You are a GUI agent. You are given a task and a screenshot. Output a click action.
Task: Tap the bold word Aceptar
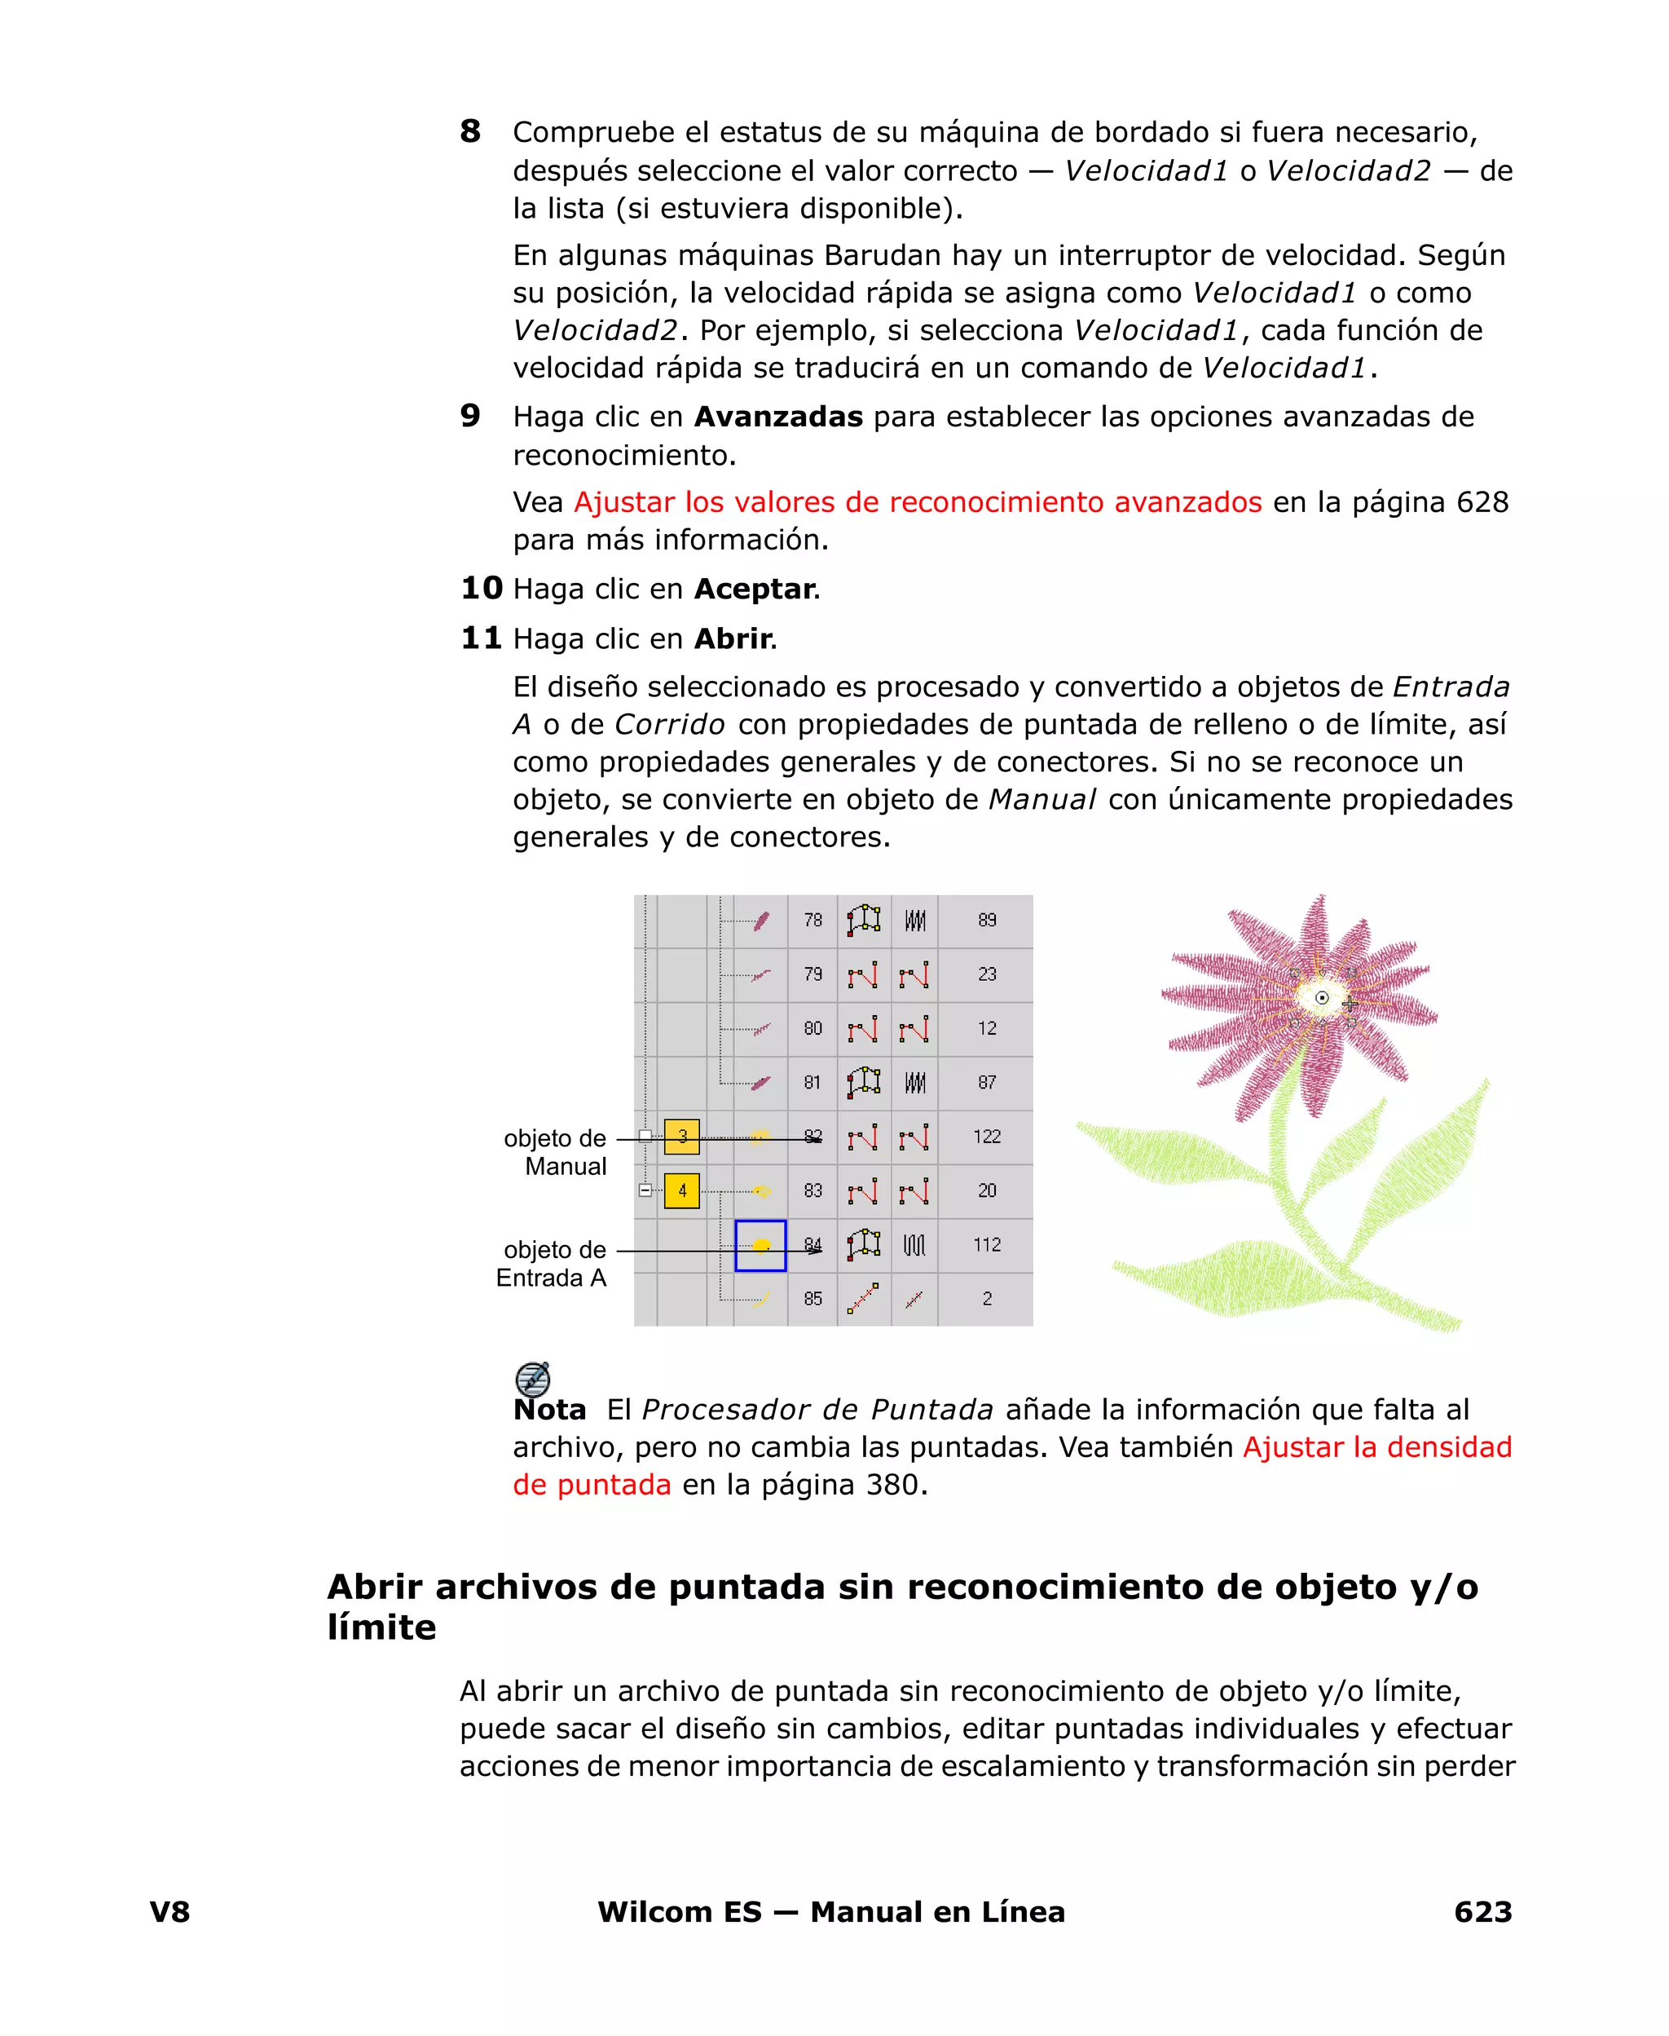click(755, 589)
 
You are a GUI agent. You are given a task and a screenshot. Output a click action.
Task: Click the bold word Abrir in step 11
click(733, 638)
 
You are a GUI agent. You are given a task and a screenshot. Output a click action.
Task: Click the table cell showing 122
click(986, 1137)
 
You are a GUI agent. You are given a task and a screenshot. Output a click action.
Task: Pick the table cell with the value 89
click(986, 921)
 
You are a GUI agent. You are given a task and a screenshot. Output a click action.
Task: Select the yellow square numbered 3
click(681, 1137)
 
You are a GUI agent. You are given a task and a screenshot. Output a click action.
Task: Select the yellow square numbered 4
click(681, 1190)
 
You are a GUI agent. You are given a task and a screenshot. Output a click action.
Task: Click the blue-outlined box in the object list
click(760, 1245)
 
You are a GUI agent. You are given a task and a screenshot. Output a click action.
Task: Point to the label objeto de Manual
click(556, 1152)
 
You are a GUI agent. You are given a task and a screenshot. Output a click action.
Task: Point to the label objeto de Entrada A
click(552, 1264)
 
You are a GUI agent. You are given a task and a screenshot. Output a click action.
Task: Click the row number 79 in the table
click(812, 974)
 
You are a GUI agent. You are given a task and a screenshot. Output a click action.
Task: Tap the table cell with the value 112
click(986, 1244)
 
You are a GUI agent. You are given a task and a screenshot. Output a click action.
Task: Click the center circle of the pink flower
click(1322, 998)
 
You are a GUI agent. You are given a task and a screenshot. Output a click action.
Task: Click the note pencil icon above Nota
click(533, 1378)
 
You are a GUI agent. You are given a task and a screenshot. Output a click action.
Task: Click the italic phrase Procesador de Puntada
click(817, 1409)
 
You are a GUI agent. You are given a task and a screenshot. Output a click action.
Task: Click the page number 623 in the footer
click(1482, 1912)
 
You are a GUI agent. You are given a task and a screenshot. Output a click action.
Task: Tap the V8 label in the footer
click(170, 1912)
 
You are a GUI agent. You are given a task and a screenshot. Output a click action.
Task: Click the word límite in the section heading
click(381, 1627)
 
